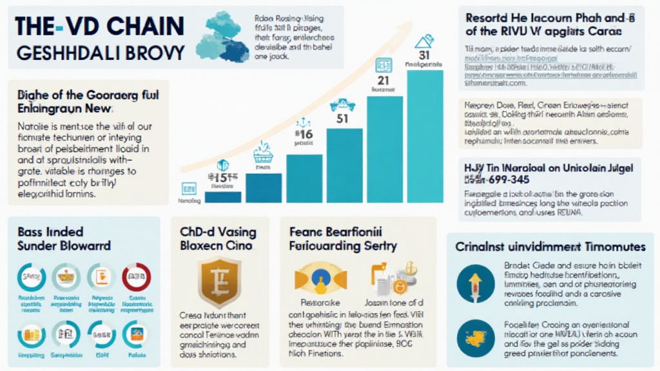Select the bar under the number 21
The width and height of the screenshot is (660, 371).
385,149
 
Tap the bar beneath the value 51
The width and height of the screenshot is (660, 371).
344,166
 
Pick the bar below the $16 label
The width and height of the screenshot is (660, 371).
304,178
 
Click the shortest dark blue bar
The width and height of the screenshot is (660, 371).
223,196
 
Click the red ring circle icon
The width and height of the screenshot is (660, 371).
136,277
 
